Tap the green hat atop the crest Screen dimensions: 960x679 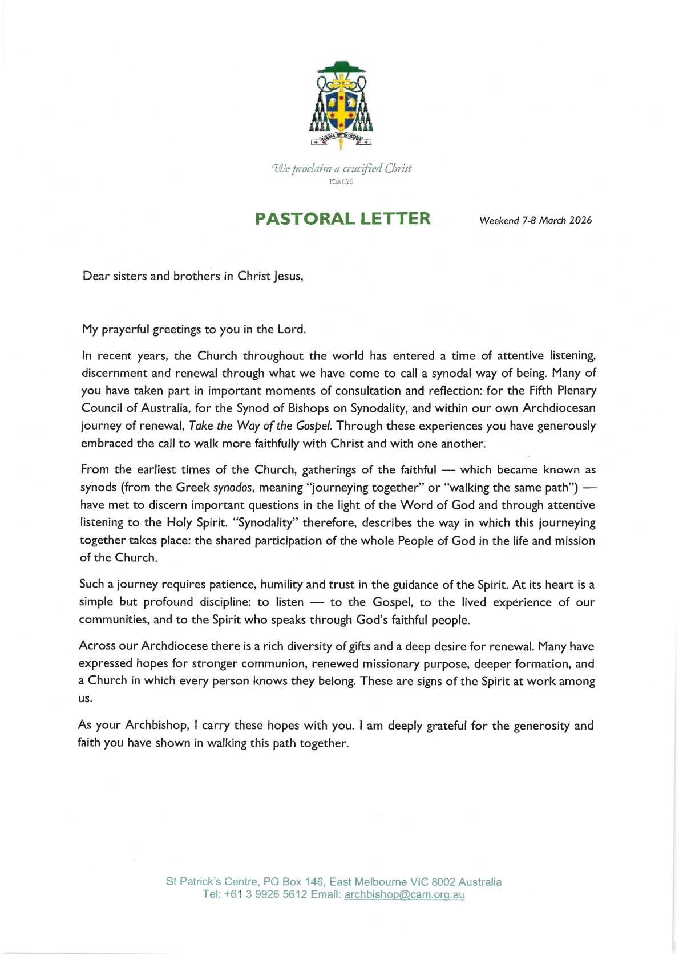(341, 67)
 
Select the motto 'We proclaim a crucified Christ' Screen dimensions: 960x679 (342, 168)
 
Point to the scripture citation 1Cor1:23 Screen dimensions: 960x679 (341, 181)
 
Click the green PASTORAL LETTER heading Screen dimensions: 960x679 (342, 219)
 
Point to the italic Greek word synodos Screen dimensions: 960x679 (232, 488)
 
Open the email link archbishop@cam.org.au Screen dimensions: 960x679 (405, 894)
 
